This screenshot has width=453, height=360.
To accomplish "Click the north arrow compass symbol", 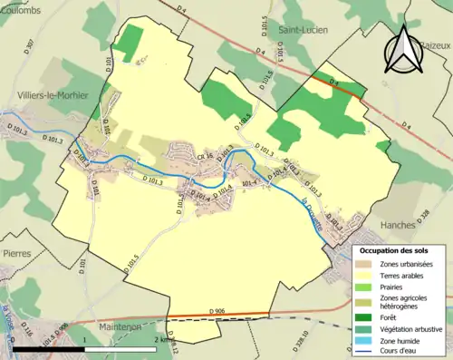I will (x=405, y=49).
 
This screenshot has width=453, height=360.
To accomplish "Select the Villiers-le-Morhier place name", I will (x=45, y=94).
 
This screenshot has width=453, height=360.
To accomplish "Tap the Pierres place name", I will (x=17, y=255).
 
